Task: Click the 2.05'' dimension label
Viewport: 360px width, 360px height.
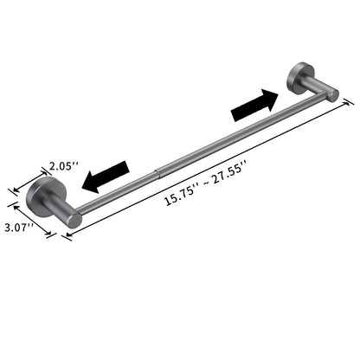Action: pos(62,164)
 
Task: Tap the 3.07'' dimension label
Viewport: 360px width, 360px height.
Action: pos(19,228)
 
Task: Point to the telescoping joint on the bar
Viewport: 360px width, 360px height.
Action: pos(156,171)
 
